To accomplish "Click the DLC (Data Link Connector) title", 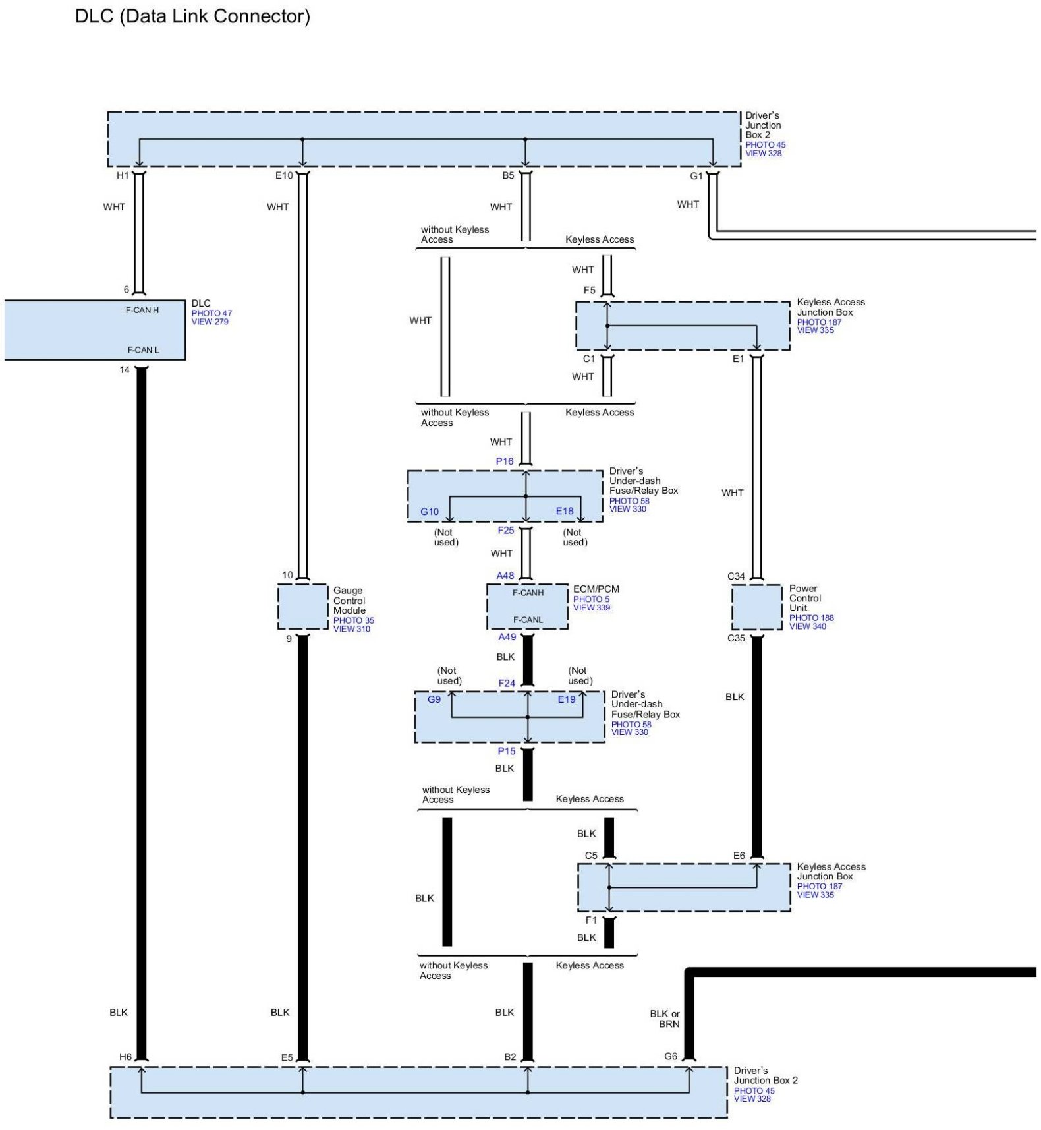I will click(x=192, y=16).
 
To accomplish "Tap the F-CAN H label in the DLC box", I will click(x=142, y=310).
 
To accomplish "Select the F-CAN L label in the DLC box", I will click(x=143, y=350).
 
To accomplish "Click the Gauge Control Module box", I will click(x=302, y=607).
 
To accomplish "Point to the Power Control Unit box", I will click(x=756, y=607).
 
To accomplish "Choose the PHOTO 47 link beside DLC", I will click(x=211, y=313).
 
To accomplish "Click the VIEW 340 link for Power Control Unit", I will click(x=807, y=626).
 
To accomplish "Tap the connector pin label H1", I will click(x=123, y=175).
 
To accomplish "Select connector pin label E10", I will click(x=284, y=175).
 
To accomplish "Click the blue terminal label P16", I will click(x=505, y=461).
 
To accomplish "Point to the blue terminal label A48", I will click(x=505, y=576).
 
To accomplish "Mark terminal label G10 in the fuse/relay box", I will click(x=430, y=512).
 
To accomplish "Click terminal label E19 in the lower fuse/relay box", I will click(x=567, y=699).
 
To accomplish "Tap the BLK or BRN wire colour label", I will click(x=665, y=1019).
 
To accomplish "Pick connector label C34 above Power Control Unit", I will click(x=736, y=576).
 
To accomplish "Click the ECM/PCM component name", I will click(x=596, y=589).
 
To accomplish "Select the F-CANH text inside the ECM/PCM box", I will click(x=528, y=593).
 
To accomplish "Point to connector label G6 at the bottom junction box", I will click(x=671, y=1056).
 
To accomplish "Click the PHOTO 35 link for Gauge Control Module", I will click(x=353, y=620).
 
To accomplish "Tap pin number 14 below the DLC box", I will click(x=125, y=370).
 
